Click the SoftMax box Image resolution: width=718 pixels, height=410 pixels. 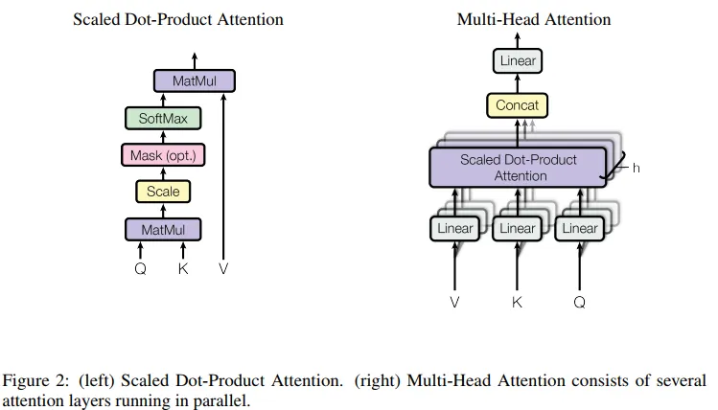coord(163,119)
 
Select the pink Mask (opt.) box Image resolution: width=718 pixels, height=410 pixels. coord(163,155)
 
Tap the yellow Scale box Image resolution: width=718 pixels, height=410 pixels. coord(163,192)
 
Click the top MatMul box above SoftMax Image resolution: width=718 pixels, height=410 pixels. coord(194,82)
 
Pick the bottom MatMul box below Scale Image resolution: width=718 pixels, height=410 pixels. coord(163,230)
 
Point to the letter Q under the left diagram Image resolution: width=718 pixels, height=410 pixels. coord(140,269)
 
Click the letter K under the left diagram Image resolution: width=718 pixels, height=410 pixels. coord(183,269)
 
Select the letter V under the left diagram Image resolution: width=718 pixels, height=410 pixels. coord(223,269)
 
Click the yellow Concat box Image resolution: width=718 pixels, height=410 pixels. coord(518,105)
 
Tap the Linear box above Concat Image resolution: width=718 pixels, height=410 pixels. coord(518,61)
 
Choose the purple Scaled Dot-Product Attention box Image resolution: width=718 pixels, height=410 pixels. coord(518,168)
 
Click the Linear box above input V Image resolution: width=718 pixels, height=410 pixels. coord(455,229)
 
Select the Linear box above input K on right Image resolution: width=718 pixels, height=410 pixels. coord(517,229)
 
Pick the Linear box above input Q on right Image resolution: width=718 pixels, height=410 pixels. coord(579,229)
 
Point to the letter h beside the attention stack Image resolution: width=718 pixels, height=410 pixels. coord(636,168)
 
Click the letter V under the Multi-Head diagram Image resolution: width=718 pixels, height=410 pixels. coord(455,303)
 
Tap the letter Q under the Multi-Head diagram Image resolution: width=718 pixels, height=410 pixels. coord(579,303)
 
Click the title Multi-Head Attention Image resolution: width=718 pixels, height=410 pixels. coord(533,19)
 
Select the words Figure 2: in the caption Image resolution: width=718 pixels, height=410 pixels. coord(32,380)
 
